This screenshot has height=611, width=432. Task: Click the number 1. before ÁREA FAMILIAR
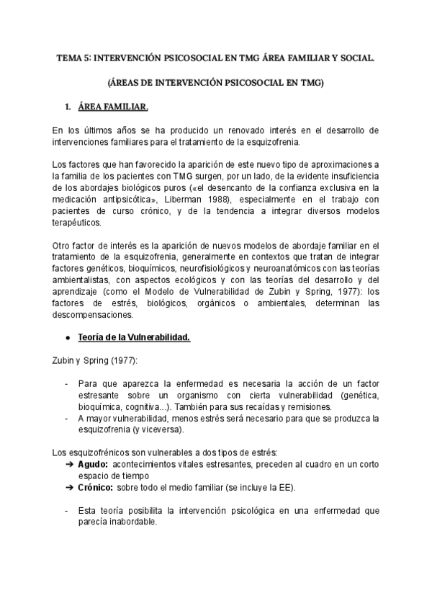[x=68, y=107]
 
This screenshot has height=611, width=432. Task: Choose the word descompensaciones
[x=93, y=315]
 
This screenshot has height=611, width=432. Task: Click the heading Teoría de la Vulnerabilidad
[x=134, y=338]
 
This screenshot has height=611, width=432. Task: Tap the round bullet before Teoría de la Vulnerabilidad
[x=67, y=338]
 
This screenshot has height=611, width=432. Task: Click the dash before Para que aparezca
[x=67, y=384]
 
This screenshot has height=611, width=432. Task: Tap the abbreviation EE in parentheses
[x=283, y=488]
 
